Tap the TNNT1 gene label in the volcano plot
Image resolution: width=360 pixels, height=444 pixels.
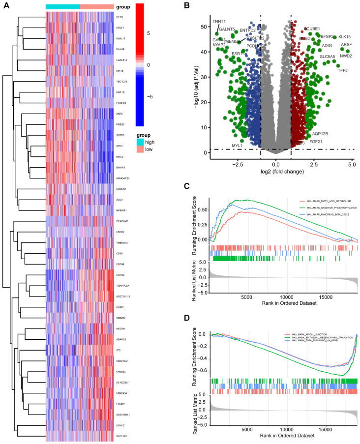point(219,22)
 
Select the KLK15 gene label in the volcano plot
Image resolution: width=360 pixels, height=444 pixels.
point(344,37)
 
